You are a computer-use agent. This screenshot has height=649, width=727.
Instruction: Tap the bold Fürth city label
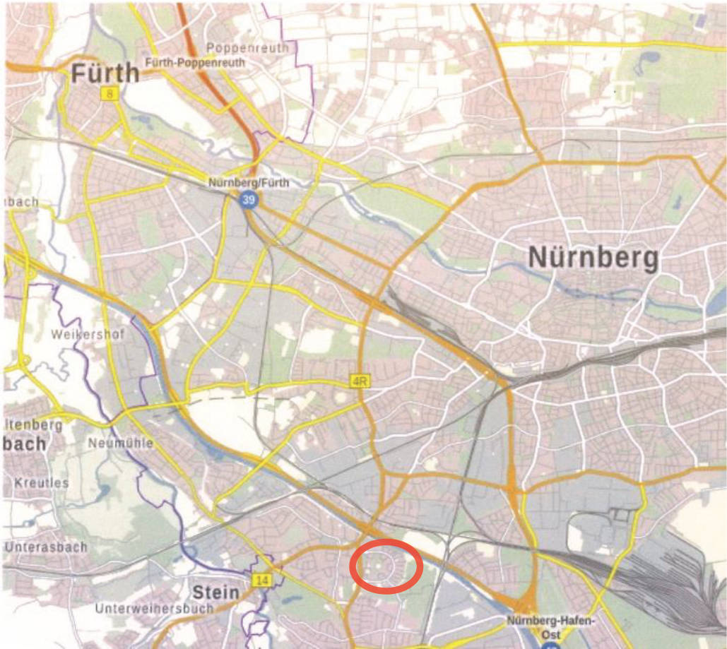(105, 73)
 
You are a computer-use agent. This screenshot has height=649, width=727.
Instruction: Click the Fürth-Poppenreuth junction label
(195, 63)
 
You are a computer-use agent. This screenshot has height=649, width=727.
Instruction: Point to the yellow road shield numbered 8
(109, 93)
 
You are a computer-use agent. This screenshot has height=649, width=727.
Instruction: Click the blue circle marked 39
(247, 201)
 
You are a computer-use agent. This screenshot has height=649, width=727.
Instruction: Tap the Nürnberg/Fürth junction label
(249, 183)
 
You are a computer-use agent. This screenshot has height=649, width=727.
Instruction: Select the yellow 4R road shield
(360, 382)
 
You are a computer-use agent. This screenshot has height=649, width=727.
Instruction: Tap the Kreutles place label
(41, 483)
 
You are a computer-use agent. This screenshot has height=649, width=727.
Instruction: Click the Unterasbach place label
(46, 547)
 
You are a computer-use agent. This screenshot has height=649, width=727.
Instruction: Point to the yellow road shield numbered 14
(262, 580)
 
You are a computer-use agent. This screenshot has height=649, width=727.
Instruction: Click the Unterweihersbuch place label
(155, 609)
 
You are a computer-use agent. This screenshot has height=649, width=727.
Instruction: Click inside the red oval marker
(386, 565)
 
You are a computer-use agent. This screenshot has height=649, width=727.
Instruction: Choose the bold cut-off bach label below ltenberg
(25, 444)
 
